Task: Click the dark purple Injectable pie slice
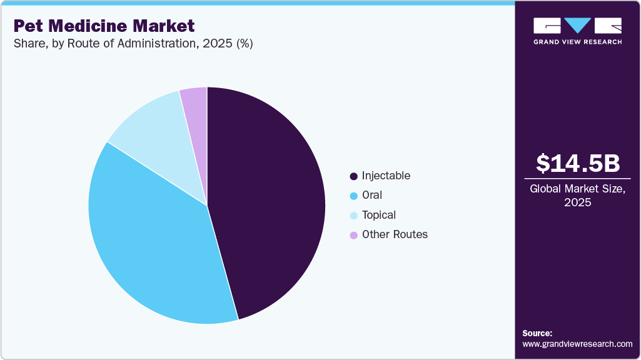[269, 200]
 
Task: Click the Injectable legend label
[386, 176]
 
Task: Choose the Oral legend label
[371, 195]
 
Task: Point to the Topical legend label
[378, 215]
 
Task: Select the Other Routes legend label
[395, 234]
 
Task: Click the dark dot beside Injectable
[354, 176]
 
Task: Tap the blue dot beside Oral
[354, 196]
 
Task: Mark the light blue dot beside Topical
[354, 216]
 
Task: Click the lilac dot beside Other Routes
[354, 235]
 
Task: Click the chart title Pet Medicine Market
[104, 26]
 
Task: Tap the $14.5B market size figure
[578, 163]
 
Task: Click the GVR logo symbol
[578, 26]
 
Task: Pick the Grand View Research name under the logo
[578, 42]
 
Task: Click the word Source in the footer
[537, 333]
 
